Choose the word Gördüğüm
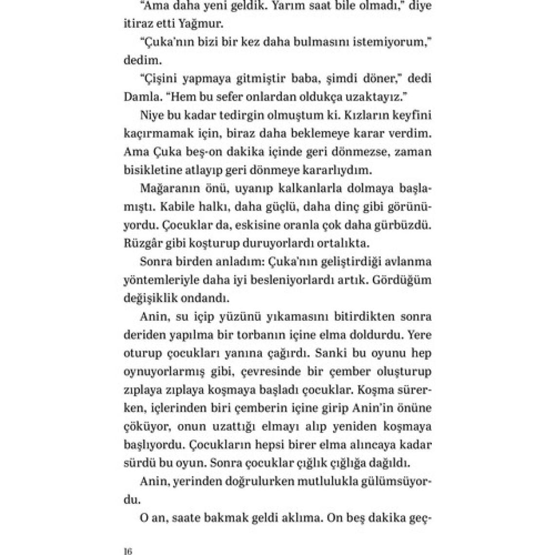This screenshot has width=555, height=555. (406, 280)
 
